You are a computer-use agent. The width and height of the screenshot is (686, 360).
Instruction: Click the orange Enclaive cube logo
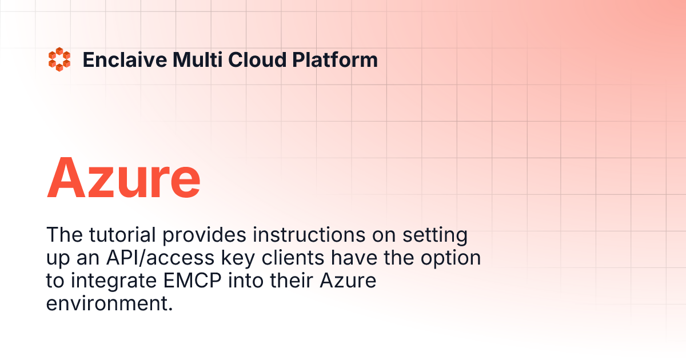[59, 60]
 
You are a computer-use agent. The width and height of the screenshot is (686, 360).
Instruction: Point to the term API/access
[155, 258]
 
